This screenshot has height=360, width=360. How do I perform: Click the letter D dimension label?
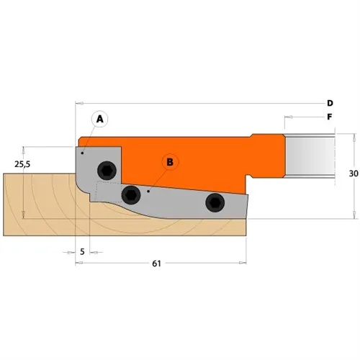[x=329, y=103]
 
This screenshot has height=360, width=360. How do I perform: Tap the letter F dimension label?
[x=329, y=116]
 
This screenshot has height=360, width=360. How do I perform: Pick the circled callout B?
[x=170, y=162]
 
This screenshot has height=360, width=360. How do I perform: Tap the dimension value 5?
[x=83, y=252]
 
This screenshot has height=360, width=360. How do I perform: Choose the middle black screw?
[x=131, y=194]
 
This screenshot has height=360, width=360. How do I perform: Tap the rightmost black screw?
[x=214, y=203]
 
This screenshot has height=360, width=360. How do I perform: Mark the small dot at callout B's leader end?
[x=148, y=192]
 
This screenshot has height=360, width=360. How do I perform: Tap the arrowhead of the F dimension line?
[x=287, y=116]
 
